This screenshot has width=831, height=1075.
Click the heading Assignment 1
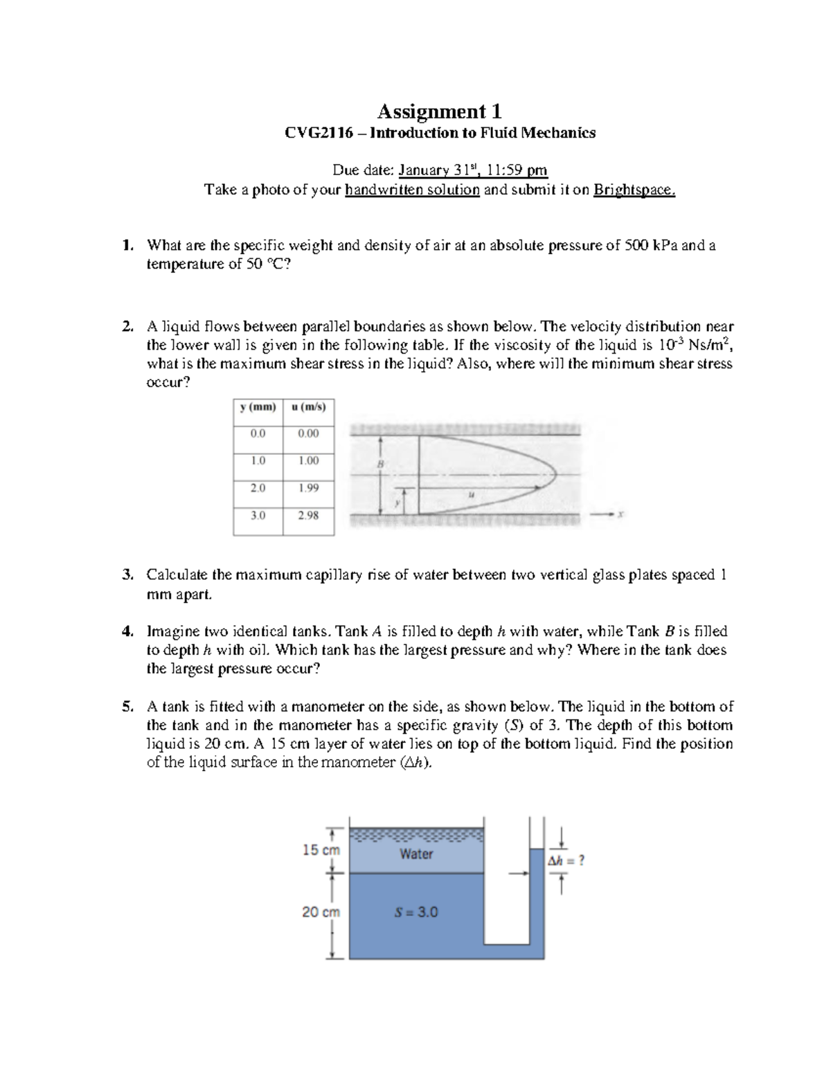point(438,111)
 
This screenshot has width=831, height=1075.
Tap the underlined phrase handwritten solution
point(413,190)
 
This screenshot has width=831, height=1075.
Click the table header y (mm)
point(258,407)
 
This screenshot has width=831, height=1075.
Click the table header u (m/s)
point(308,407)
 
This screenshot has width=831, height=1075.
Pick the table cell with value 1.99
point(308,487)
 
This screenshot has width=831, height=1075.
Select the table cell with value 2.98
point(308,515)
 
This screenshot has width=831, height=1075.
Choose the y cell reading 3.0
point(258,515)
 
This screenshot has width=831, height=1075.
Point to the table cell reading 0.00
point(308,433)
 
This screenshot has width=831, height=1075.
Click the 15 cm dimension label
point(321,850)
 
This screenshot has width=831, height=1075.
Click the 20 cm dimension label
point(321,912)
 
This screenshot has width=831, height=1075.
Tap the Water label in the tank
point(416,854)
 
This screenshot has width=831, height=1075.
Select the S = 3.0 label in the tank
point(416,912)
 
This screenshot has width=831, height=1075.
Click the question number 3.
point(127,575)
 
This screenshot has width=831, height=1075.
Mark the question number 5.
point(127,707)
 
